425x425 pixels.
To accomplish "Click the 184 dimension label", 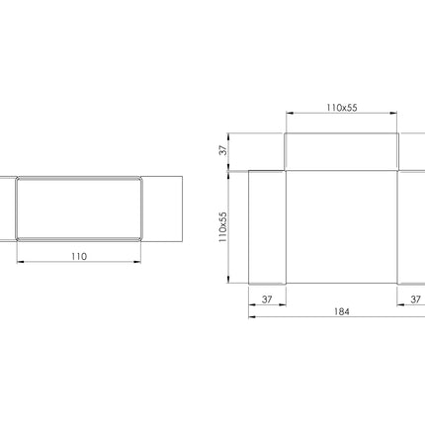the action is pos(341,311).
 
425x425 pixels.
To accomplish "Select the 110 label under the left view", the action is pos(79,256).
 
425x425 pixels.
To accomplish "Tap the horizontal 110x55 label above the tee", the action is pos(342,108).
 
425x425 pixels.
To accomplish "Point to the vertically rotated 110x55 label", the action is pos(223,227).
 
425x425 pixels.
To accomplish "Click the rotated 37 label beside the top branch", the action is pos(223,150).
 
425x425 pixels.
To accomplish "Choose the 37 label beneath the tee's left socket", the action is pos(267,299).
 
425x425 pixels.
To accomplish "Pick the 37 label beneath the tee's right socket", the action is pos(415,299).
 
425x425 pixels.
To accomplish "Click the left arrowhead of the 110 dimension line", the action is pos(20,262).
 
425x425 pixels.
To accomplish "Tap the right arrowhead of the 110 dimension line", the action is pos(137,262).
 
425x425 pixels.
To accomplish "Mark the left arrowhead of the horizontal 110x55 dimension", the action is pos(290,113).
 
